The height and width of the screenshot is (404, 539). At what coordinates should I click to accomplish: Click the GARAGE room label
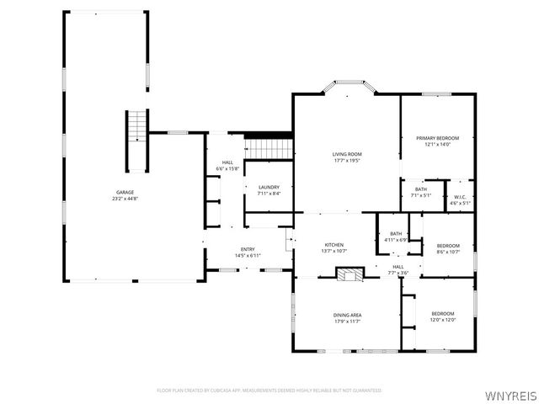(x=125, y=192)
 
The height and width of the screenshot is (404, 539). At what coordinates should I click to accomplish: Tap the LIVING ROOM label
(x=347, y=155)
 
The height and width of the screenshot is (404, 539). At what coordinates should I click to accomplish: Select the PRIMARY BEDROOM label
(x=437, y=138)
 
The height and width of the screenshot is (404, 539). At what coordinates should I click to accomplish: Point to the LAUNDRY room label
(x=269, y=187)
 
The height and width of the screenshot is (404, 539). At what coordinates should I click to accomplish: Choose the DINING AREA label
(x=347, y=315)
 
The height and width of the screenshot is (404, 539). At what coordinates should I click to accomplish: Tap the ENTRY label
(x=248, y=249)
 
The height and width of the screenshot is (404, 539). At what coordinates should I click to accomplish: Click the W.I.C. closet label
(x=460, y=197)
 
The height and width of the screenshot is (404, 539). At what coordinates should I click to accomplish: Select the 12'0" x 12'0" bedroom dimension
(x=443, y=320)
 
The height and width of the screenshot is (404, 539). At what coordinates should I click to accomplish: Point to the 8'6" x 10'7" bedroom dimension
(x=448, y=252)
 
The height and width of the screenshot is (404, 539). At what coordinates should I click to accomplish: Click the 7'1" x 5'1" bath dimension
(x=420, y=195)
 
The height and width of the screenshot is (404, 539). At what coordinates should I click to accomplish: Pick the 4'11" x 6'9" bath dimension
(x=395, y=240)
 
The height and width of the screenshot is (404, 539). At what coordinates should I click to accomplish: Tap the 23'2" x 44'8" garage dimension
(x=125, y=199)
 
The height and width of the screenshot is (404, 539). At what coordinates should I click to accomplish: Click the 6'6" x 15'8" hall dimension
(x=227, y=169)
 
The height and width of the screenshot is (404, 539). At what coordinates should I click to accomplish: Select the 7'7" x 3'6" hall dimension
(x=398, y=273)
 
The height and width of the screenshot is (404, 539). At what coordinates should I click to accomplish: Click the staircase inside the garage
(x=136, y=126)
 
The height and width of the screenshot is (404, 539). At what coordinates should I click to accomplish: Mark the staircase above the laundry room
(x=269, y=148)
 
